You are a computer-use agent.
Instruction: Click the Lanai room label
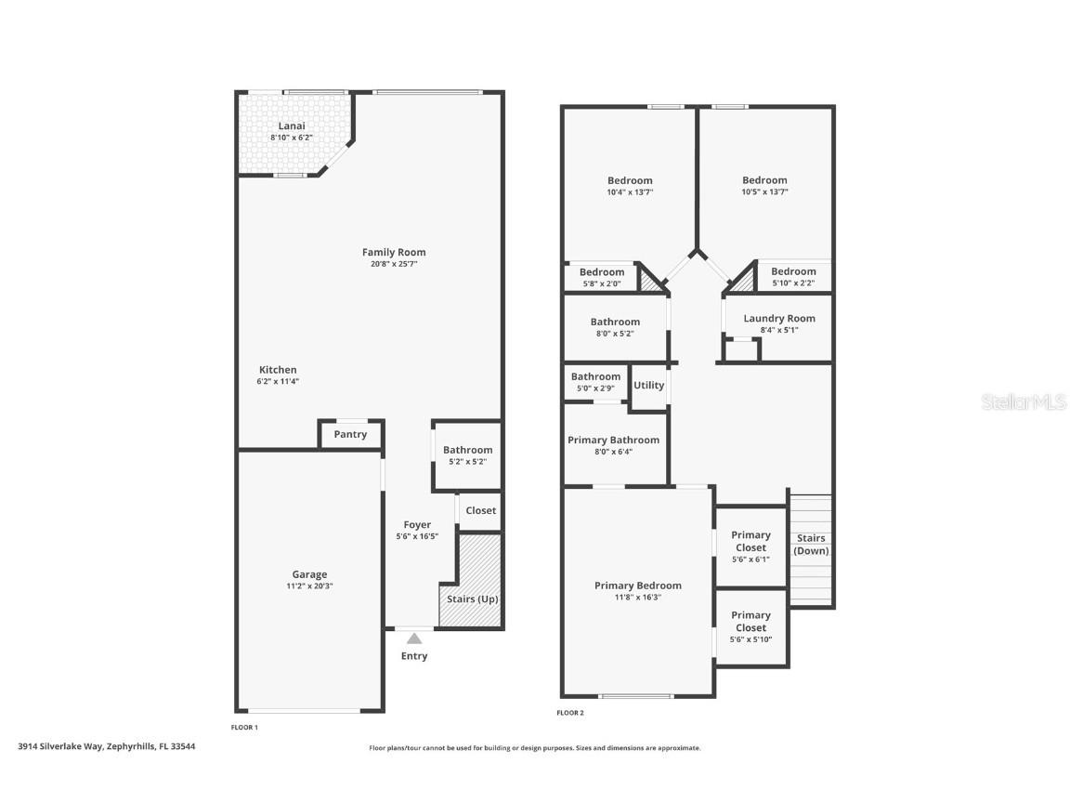(292, 126)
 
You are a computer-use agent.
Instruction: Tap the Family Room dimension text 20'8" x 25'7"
(394, 264)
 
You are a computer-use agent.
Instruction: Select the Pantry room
(350, 434)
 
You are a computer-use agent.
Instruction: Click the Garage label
(309, 574)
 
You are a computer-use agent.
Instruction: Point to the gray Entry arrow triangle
(414, 638)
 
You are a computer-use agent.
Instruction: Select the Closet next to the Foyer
(480, 510)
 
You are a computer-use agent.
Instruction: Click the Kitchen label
(278, 370)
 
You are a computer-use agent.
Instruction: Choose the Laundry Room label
(778, 319)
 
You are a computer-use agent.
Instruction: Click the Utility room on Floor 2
(648, 385)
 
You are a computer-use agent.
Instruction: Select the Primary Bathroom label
(613, 440)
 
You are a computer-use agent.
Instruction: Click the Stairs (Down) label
(811, 545)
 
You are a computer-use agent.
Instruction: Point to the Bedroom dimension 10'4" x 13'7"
(630, 192)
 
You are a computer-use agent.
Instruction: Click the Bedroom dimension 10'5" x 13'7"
(764, 192)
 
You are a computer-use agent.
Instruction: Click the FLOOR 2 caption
(569, 713)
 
